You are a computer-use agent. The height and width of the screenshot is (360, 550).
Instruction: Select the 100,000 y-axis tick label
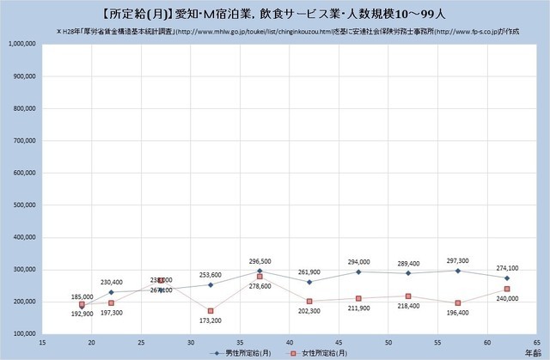pyautogui.click(x=22, y=334)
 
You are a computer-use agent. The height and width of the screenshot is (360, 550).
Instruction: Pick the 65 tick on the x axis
pyautogui.click(x=536, y=342)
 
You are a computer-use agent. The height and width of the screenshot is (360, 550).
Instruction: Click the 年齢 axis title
pyautogui.click(x=533, y=352)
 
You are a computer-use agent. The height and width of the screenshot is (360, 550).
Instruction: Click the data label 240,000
pyautogui.click(x=507, y=300)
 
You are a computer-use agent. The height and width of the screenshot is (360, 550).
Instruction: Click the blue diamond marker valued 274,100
pyautogui.click(x=507, y=278)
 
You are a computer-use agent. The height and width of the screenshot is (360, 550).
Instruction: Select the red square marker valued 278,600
pyautogui.click(x=260, y=277)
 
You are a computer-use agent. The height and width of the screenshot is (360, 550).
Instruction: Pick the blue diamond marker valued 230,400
pyautogui.click(x=111, y=292)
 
